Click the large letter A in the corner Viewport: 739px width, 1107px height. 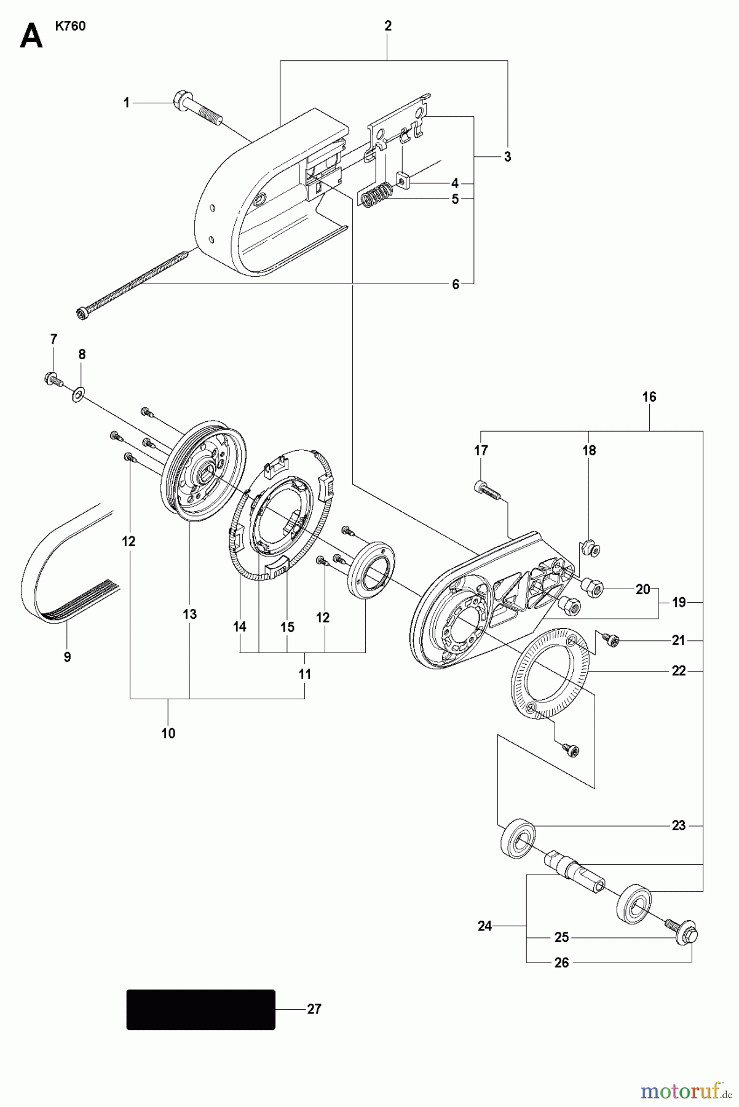(31, 36)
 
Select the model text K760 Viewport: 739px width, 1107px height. (70, 27)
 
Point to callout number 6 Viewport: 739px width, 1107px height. (456, 284)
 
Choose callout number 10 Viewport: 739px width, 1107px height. (168, 733)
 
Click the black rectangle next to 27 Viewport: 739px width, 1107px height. (200, 1009)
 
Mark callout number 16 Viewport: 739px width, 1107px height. (649, 397)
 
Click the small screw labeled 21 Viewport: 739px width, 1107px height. (611, 641)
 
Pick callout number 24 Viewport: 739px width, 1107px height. (485, 926)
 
